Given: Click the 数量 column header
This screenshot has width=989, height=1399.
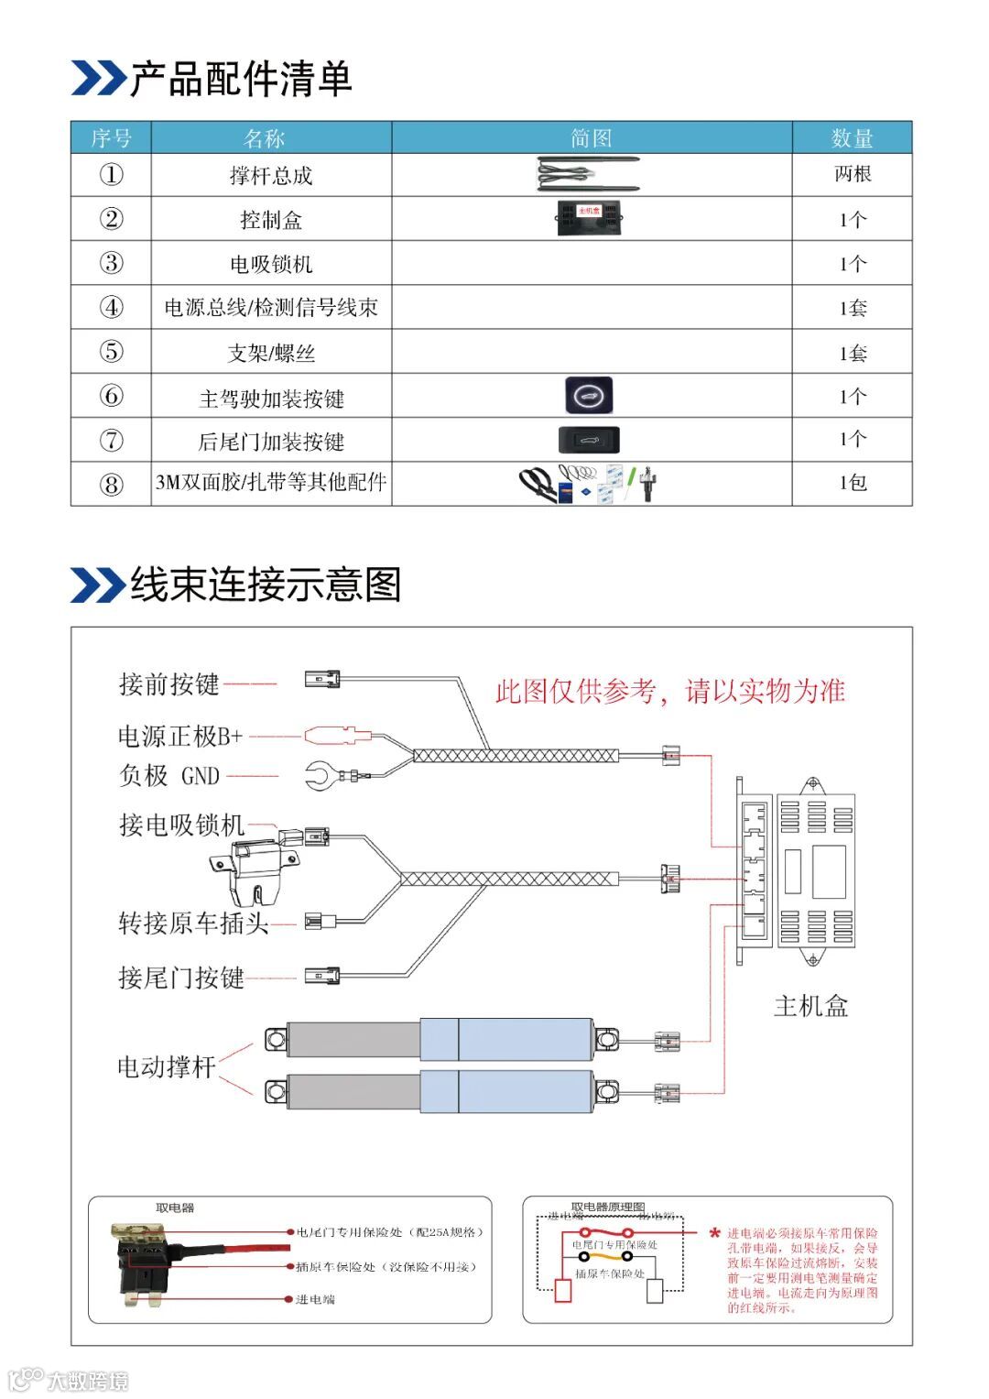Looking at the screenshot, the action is coord(852,138).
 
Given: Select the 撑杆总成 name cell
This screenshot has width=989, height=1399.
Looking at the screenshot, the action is coord(271,175).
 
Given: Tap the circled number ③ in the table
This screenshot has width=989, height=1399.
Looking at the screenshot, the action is coord(111,264).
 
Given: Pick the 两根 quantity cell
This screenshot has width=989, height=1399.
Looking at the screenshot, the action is coord(852,174).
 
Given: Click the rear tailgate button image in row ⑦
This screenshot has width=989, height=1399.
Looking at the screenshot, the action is coord(589,441).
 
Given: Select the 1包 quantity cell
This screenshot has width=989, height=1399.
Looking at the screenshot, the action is coord(852,483).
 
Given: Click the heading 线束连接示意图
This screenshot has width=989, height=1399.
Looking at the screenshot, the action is coord(266,585).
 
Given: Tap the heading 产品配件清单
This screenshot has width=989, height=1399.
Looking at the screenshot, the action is coord(241,79).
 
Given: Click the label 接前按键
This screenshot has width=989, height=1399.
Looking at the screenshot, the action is coord(169,684).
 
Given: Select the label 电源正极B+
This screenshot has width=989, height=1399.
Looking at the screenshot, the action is coord(180,736).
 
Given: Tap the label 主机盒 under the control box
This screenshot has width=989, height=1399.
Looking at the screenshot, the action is coord(811,1006).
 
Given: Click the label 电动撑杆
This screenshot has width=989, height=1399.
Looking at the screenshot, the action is coord(167,1067).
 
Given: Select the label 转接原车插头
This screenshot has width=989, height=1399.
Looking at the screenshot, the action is coord(193,923).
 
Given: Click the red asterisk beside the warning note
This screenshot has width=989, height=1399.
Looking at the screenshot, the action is coord(714,1234).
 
